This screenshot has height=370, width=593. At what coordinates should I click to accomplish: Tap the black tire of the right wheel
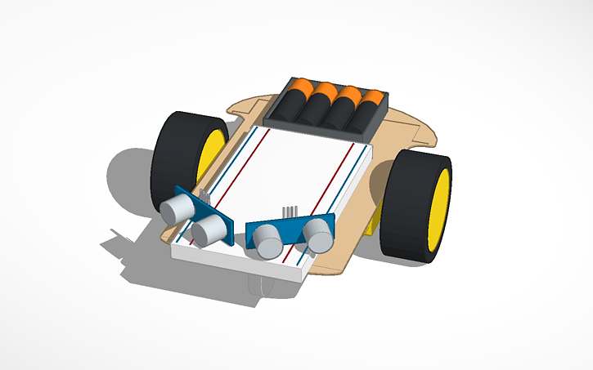411,204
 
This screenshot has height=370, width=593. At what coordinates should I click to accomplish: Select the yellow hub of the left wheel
212,155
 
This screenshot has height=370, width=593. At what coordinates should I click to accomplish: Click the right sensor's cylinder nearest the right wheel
317,238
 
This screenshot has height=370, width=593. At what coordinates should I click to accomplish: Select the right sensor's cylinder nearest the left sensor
266,242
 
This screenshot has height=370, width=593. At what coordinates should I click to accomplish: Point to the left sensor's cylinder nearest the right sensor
208,231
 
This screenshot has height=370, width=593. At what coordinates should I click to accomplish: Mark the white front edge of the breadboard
237,265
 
